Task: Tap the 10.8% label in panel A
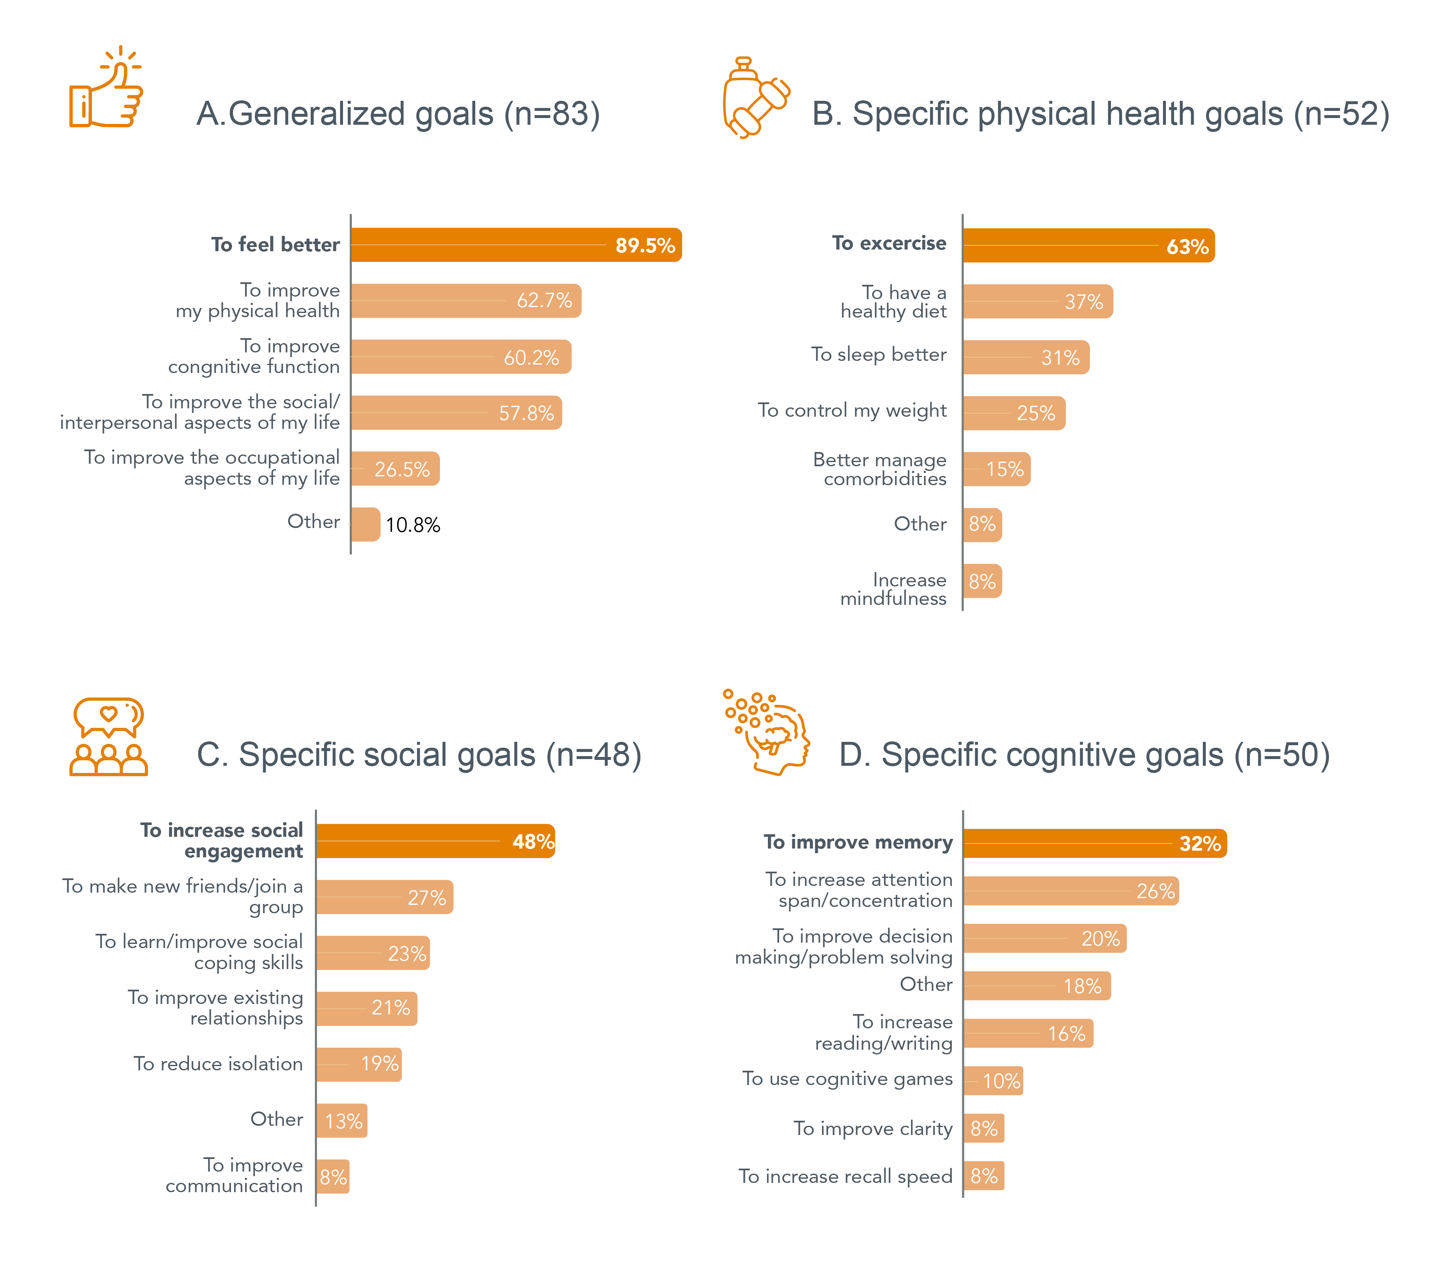click(x=413, y=525)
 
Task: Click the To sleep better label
click(x=878, y=355)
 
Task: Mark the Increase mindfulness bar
click(x=982, y=581)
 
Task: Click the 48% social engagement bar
click(x=435, y=841)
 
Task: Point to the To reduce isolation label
click(x=218, y=1064)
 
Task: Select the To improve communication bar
click(x=333, y=1177)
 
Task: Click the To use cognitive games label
click(x=847, y=1079)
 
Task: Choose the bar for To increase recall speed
click(x=983, y=1176)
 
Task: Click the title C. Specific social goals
click(x=419, y=755)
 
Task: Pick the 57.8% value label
click(x=526, y=413)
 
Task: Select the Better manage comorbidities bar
click(x=996, y=469)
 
